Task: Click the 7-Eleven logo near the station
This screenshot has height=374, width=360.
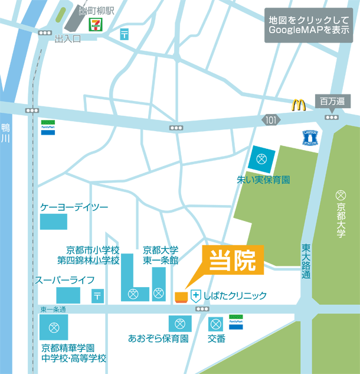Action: (94, 24)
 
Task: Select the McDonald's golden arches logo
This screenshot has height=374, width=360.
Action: (299, 105)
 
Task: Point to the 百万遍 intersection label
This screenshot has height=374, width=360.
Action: (331, 101)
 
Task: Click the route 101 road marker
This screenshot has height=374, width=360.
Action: (270, 120)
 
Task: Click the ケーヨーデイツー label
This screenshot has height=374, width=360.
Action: (74, 207)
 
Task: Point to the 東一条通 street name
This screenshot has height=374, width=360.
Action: (53, 310)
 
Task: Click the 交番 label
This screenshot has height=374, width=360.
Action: (217, 339)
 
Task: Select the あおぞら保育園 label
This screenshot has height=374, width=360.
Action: (158, 339)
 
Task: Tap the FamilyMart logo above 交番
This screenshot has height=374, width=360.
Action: (236, 321)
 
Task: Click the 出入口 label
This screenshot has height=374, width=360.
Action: (67, 39)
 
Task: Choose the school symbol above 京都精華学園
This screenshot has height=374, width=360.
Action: (54, 327)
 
